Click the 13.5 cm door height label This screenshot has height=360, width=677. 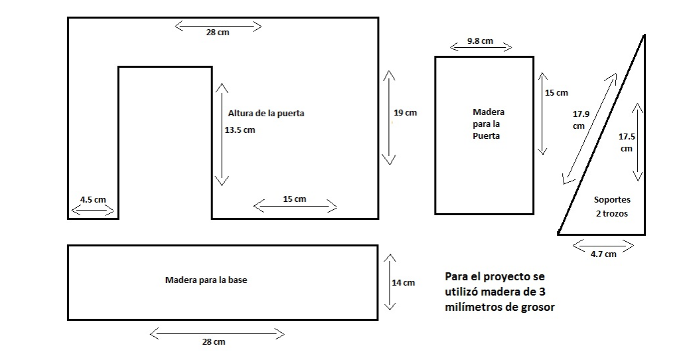[x=240, y=130]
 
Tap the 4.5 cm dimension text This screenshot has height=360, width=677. [x=92, y=199]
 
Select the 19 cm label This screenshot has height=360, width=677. [x=405, y=113]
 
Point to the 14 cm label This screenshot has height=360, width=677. [x=403, y=283]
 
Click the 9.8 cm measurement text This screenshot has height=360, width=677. [x=480, y=41]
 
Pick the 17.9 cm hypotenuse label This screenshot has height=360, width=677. [x=580, y=120]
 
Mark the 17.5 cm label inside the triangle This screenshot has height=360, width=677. [x=626, y=142]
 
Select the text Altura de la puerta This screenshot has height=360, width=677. [x=266, y=114]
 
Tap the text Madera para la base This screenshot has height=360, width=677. [x=206, y=280]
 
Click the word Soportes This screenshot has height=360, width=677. [x=612, y=199]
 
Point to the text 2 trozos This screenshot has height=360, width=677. [x=611, y=214]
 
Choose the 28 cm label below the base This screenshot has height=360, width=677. [x=214, y=341]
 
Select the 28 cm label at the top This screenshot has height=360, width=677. [x=218, y=32]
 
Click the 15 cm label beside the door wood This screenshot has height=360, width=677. [x=556, y=93]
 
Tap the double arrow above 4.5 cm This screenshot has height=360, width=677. [x=92, y=211]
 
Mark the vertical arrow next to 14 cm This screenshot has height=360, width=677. [x=390, y=282]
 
